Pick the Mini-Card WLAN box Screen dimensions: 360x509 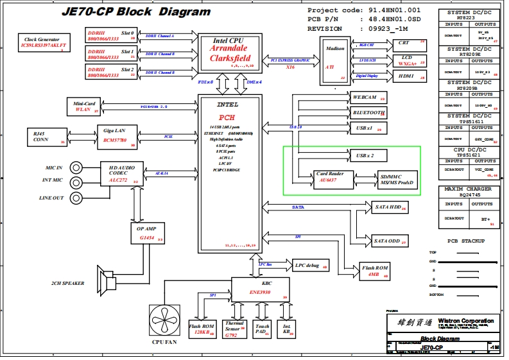coord(84,106)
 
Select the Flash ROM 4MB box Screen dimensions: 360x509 coord(374,271)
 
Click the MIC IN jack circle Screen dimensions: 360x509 coord(77,168)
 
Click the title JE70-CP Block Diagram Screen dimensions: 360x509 coord(136,12)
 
